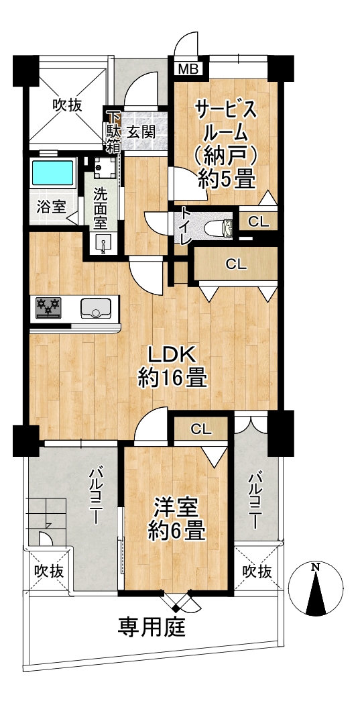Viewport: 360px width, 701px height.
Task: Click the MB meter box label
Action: [188, 69]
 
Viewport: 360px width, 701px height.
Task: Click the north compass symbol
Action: [316, 588]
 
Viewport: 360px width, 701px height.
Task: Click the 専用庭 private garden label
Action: [152, 629]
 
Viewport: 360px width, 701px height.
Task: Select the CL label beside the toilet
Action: [259, 222]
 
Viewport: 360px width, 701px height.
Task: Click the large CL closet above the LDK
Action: [236, 266]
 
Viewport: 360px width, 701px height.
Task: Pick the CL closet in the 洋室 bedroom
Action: [201, 429]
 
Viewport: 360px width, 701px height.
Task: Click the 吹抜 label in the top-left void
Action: [68, 105]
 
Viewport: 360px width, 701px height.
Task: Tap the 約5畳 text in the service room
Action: [227, 180]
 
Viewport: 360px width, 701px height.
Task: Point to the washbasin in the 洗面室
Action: [103, 244]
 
